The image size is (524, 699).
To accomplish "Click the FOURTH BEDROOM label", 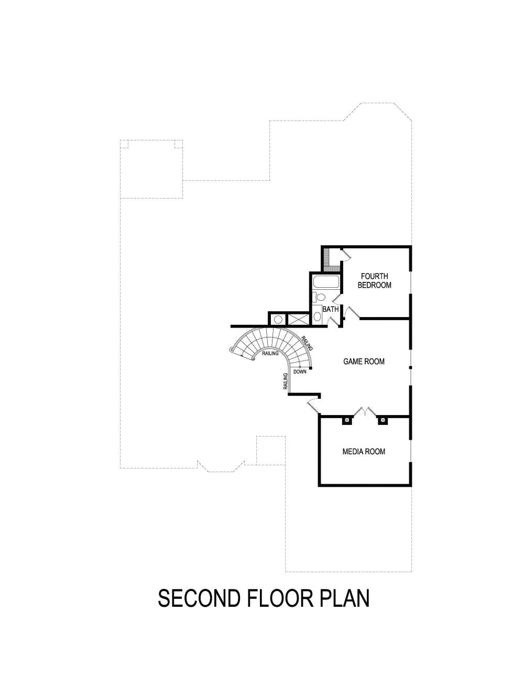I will click(x=374, y=281).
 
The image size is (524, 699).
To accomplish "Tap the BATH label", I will click(x=330, y=309).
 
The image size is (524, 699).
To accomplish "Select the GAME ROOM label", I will click(x=364, y=361).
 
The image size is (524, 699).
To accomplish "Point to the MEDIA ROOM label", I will click(x=364, y=451).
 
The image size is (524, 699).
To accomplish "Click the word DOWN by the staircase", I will click(x=300, y=372).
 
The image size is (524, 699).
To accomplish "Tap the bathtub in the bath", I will click(x=326, y=282).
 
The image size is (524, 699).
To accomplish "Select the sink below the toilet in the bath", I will click(x=317, y=316).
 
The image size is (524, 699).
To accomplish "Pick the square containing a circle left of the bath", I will click(x=278, y=319).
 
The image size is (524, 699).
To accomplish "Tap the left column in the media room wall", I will click(x=346, y=420).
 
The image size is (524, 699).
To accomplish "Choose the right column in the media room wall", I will click(x=382, y=420).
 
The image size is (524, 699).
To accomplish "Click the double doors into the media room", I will click(x=364, y=412).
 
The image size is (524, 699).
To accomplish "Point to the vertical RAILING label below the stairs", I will click(x=286, y=381).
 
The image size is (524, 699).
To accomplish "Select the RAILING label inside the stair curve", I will click(x=270, y=353).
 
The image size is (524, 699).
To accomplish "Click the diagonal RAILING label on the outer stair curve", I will click(x=308, y=344).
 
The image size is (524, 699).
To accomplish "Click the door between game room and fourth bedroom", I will click(x=352, y=313).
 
